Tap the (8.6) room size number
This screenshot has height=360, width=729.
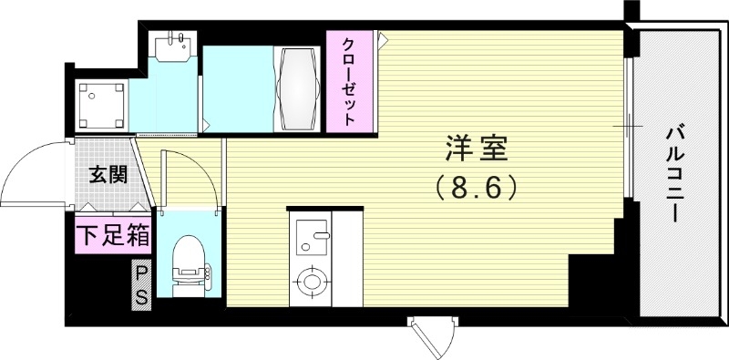(477, 187)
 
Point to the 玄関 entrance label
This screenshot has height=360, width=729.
(107, 175)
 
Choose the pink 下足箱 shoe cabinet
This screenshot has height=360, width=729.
(113, 235)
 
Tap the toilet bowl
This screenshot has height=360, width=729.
(189, 258)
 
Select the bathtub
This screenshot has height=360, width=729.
(298, 87)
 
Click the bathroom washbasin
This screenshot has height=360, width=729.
(172, 45)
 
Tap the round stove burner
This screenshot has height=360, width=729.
(312, 282)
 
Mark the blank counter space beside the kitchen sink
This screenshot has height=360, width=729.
(347, 260)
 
